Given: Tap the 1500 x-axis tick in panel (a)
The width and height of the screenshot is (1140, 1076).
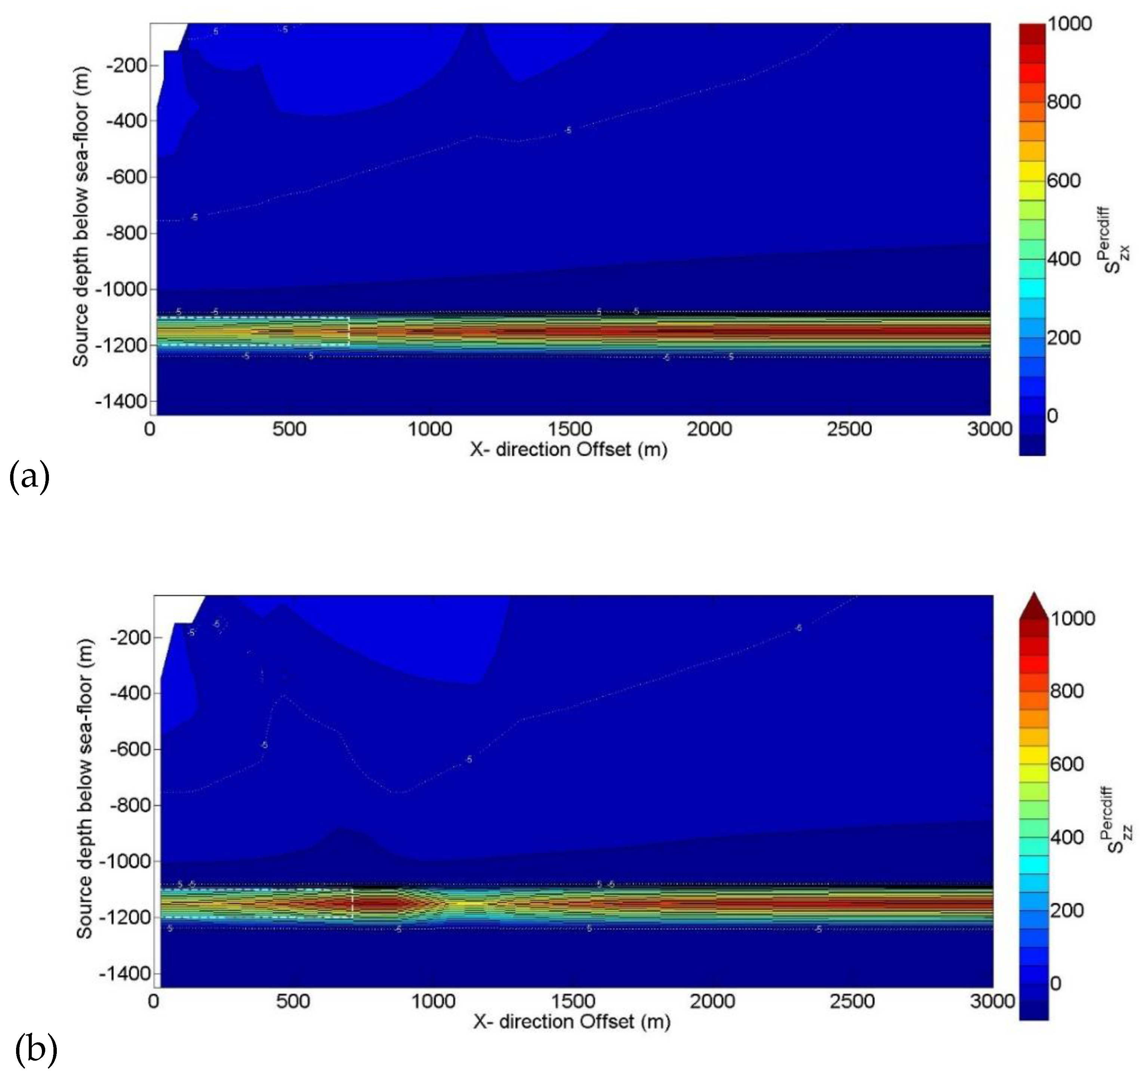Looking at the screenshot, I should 569,429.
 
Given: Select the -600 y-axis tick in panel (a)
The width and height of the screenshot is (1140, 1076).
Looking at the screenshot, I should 127,177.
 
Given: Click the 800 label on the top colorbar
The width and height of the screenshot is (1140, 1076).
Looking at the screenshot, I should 1064,102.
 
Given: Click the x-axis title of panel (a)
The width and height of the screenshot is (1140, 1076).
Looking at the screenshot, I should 569,449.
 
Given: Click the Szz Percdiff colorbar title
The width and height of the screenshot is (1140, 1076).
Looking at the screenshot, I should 1117,820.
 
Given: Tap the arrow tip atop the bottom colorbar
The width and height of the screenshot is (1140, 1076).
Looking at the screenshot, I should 1034,594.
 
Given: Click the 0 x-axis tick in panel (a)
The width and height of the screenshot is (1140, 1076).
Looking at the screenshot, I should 150,429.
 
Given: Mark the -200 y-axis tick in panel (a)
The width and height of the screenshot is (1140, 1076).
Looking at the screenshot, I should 127,65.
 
